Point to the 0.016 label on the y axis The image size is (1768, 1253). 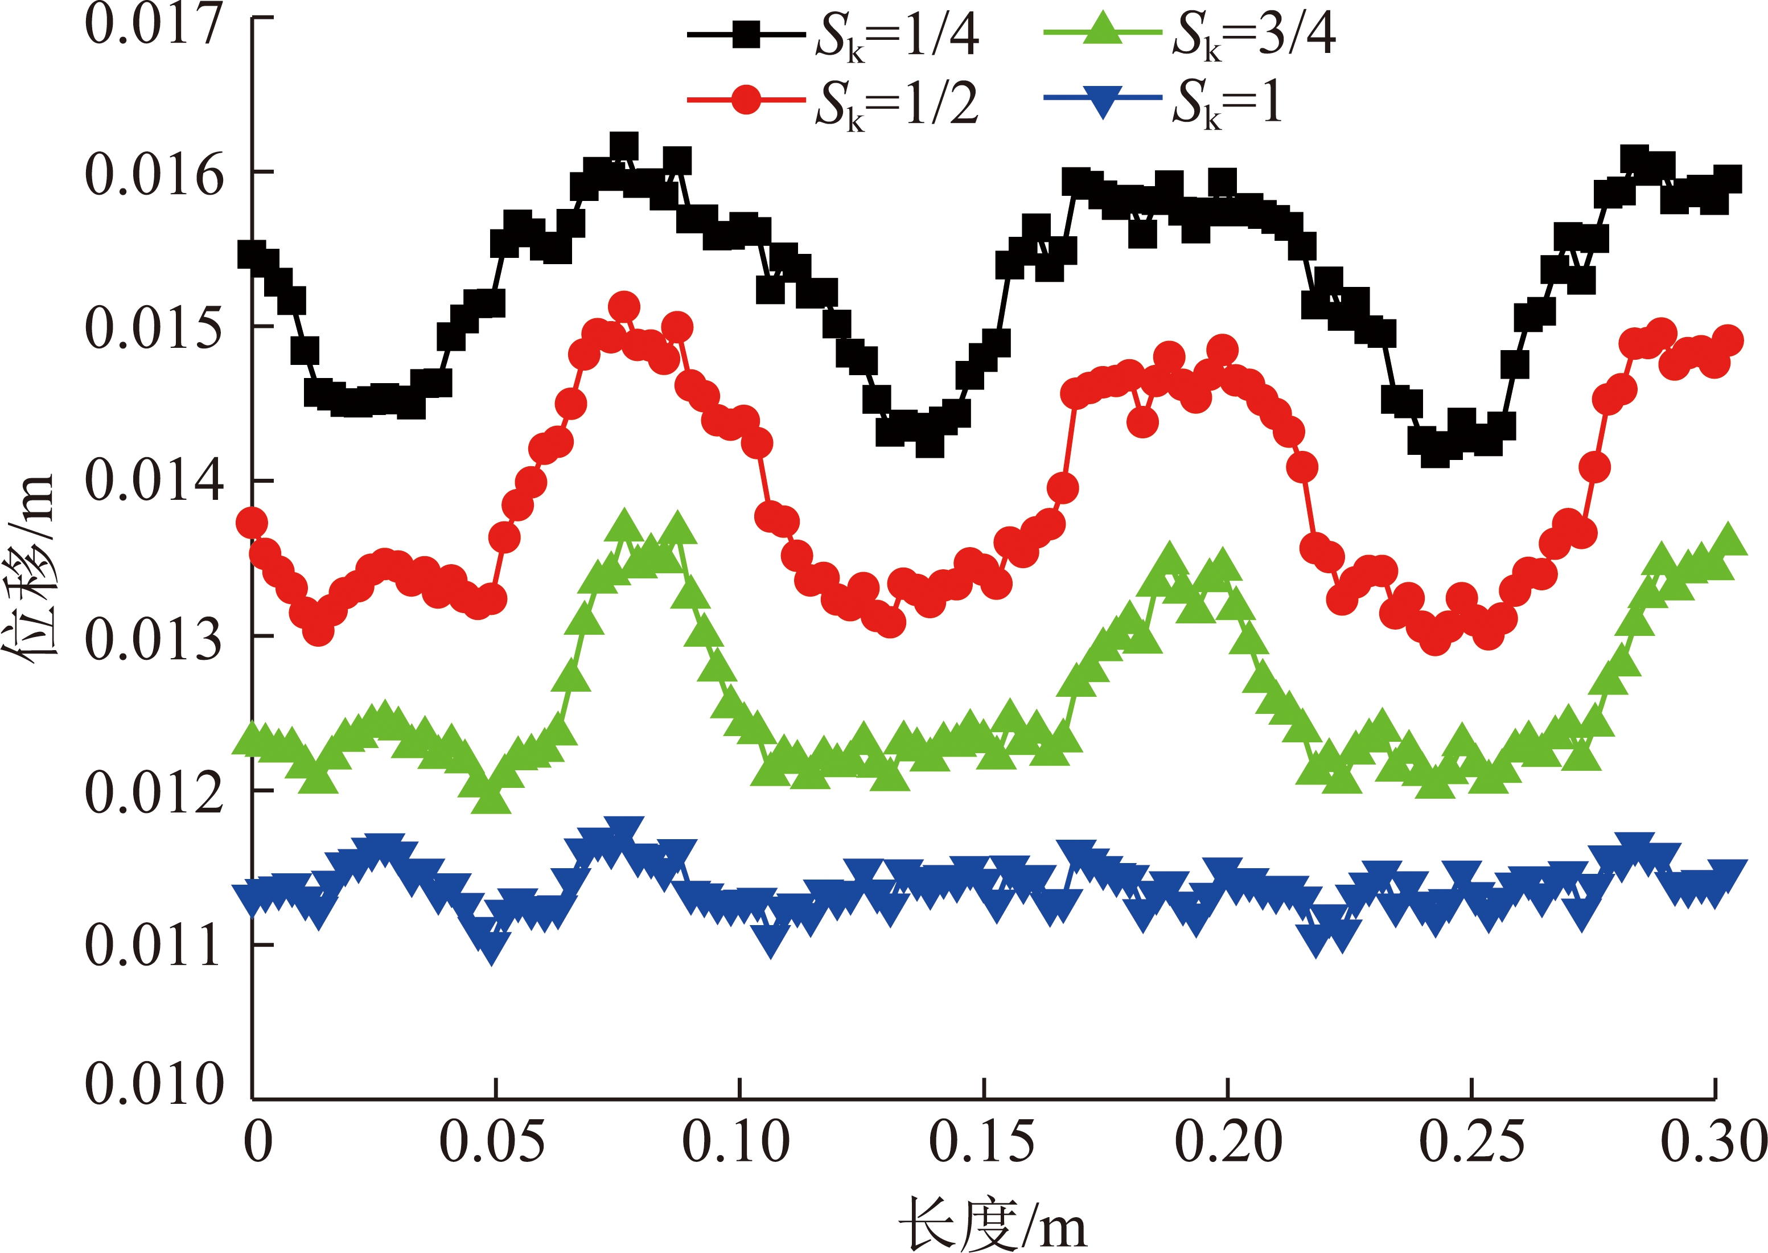point(154,174)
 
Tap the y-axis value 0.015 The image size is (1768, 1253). point(154,328)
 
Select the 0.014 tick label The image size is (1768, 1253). point(154,480)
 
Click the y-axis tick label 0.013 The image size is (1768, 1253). point(154,639)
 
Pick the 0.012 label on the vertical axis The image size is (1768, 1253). point(154,792)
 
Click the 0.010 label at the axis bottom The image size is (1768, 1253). point(154,1083)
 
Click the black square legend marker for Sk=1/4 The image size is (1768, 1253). point(746,35)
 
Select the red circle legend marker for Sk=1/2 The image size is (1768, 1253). point(746,100)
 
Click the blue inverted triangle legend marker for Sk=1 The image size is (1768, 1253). point(1103,100)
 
